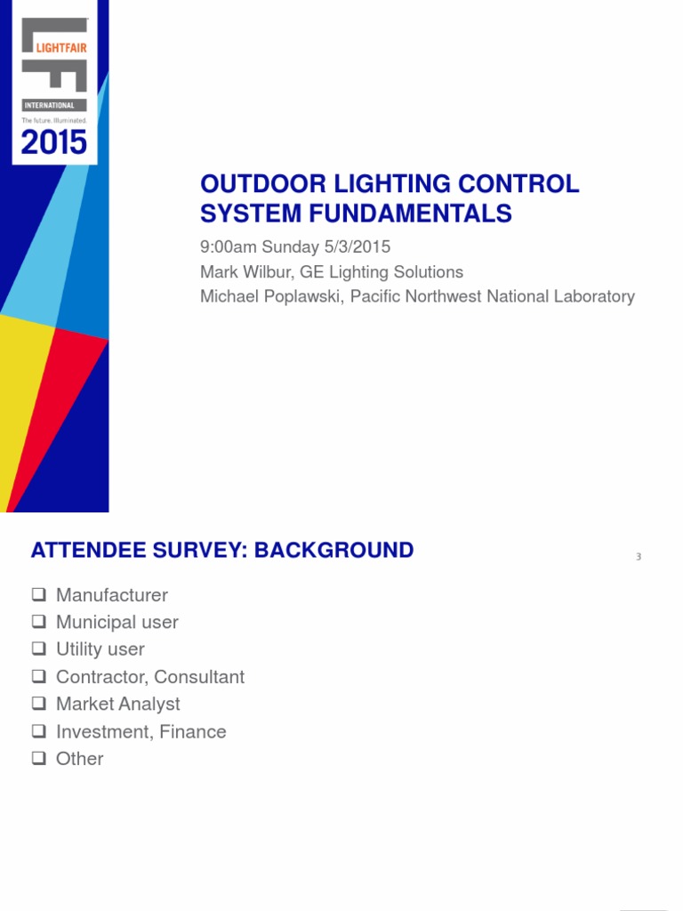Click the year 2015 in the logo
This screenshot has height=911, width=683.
point(54,142)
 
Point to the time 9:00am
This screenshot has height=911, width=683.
point(228,247)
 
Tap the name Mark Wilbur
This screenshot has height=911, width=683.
point(245,272)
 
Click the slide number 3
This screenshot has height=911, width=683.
point(639,557)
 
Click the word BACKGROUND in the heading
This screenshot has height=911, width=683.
point(333,550)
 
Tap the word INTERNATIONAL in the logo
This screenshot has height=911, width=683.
point(49,105)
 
